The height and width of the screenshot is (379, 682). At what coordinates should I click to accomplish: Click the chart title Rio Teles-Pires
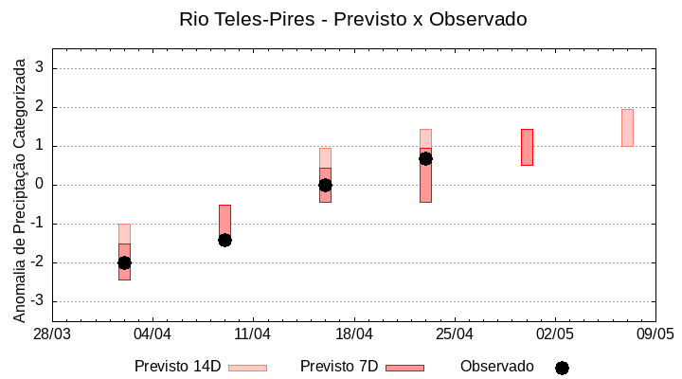coord(352,19)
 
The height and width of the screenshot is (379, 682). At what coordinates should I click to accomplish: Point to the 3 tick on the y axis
coord(41,68)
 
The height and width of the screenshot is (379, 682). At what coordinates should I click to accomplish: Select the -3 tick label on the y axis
coord(38,301)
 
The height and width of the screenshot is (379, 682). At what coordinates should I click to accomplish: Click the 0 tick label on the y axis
coord(41,185)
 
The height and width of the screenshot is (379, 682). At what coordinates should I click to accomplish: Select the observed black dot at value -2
coord(124,262)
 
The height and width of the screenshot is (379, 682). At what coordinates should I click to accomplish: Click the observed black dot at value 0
coord(325,185)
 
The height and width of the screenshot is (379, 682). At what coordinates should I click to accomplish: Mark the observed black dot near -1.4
coord(224,240)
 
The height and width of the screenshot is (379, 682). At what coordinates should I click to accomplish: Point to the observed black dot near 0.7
coord(425,158)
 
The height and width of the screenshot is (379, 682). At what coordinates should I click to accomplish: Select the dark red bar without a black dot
coord(527,147)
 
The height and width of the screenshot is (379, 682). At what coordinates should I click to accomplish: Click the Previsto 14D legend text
coord(177,367)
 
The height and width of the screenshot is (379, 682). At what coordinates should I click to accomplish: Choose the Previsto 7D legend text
coord(339,367)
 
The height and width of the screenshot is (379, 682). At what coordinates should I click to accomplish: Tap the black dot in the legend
coord(562,368)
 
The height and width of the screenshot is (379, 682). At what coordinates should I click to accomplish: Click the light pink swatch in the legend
coord(247,368)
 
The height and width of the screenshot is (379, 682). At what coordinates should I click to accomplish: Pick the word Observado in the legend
coord(497,367)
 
